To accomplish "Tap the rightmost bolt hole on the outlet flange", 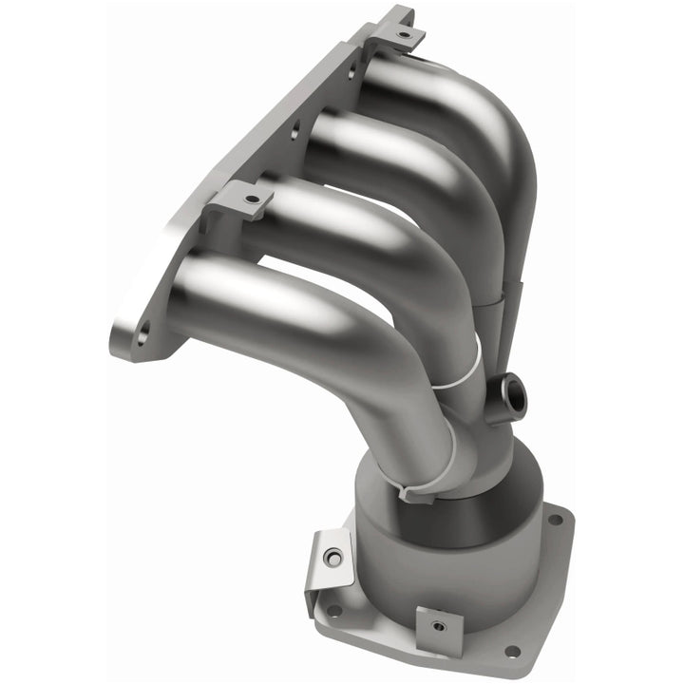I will pos(558,521).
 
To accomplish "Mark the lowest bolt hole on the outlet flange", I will pos(512,651).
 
